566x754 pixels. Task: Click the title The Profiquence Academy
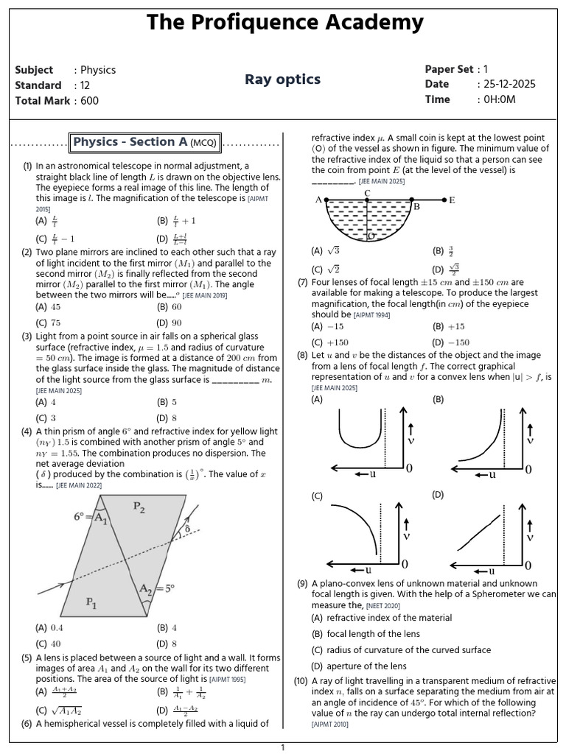pyautogui.click(x=284, y=22)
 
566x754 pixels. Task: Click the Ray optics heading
pyautogui.click(x=283, y=80)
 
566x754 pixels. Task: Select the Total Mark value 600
pyautogui.click(x=89, y=100)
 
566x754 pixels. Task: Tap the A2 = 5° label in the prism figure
pyautogui.click(x=158, y=589)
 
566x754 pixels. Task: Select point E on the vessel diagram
pyautogui.click(x=452, y=200)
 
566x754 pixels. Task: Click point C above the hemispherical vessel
pyautogui.click(x=367, y=193)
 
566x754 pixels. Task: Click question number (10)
pyautogui.click(x=301, y=681)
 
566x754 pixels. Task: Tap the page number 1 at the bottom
pyautogui.click(x=282, y=747)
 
